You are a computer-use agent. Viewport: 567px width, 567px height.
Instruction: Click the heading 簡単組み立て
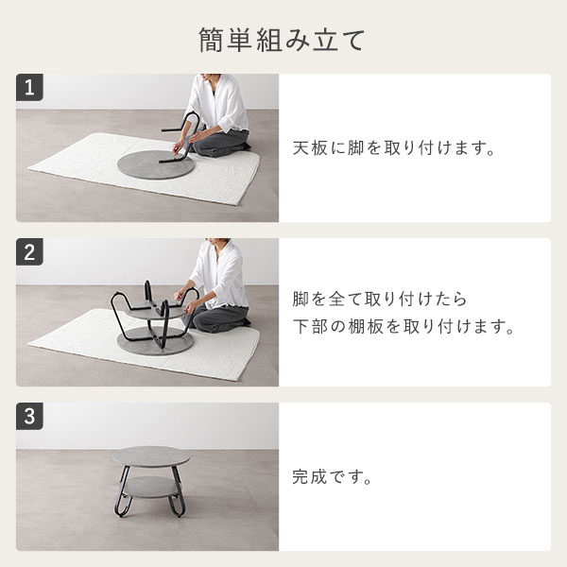click(x=283, y=41)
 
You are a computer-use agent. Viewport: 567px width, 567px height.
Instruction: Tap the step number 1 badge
click(x=29, y=89)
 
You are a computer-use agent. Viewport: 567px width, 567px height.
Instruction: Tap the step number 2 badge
click(x=29, y=252)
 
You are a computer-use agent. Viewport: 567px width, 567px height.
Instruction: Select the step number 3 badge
click(x=29, y=416)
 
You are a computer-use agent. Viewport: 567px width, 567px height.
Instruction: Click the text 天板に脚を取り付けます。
click(x=396, y=148)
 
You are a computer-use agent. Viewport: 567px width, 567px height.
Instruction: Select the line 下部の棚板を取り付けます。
click(x=403, y=330)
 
